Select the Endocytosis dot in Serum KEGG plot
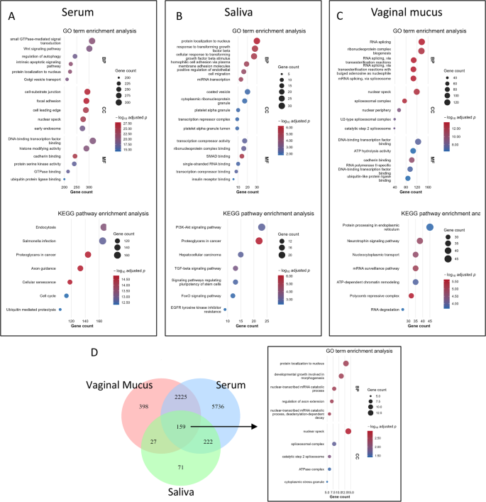[x=104, y=227]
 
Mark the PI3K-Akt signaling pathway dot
[x=262, y=227]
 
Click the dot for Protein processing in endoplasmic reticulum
[x=429, y=227]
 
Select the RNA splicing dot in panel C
[x=421, y=42]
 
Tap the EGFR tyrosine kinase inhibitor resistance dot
[x=225, y=310]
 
